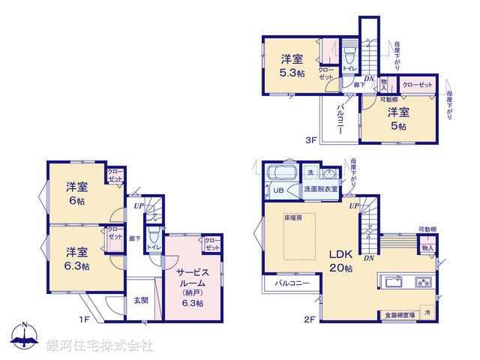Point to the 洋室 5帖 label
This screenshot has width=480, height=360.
[397, 119]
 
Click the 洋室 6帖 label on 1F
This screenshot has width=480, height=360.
[76, 193]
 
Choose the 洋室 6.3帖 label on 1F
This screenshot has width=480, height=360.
[76, 259]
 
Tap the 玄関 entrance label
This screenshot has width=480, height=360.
[140, 300]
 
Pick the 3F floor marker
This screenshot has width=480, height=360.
[310, 139]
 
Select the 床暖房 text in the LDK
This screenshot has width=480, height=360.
[292, 218]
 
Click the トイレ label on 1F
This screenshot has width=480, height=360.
[153, 246]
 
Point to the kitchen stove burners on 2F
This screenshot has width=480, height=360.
[422, 282]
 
